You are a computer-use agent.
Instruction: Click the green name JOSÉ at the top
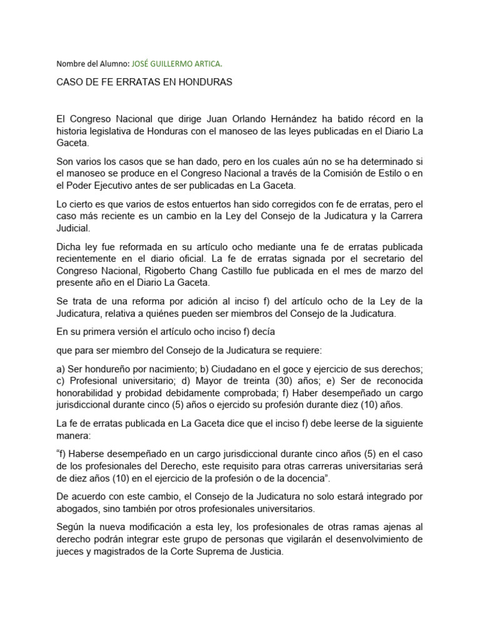pos(142,63)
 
